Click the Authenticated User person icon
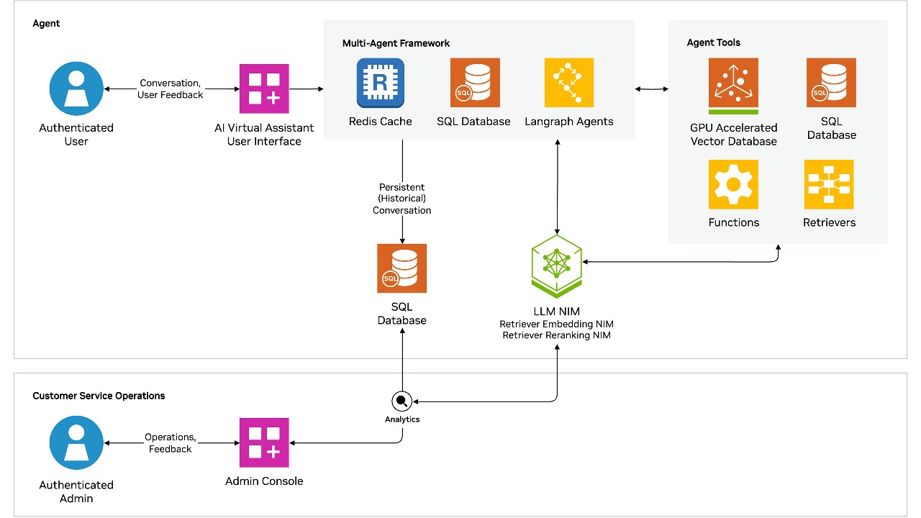tap(76, 88)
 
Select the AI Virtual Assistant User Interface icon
tap(264, 88)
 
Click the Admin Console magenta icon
tap(264, 442)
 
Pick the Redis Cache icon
tap(380, 83)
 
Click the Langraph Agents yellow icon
tap(569, 83)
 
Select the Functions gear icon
tap(733, 184)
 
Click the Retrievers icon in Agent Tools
tap(829, 184)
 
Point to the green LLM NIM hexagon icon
tap(556, 265)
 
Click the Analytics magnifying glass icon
tap(401, 401)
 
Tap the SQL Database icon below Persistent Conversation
tap(401, 268)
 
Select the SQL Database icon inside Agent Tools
tap(831, 83)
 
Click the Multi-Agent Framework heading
tap(396, 43)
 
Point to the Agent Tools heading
tap(713, 42)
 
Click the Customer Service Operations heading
tap(99, 396)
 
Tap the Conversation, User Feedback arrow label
tap(171, 89)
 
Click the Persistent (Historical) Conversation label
tap(401, 199)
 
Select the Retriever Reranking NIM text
tap(556, 335)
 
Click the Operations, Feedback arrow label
tap(170, 443)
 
